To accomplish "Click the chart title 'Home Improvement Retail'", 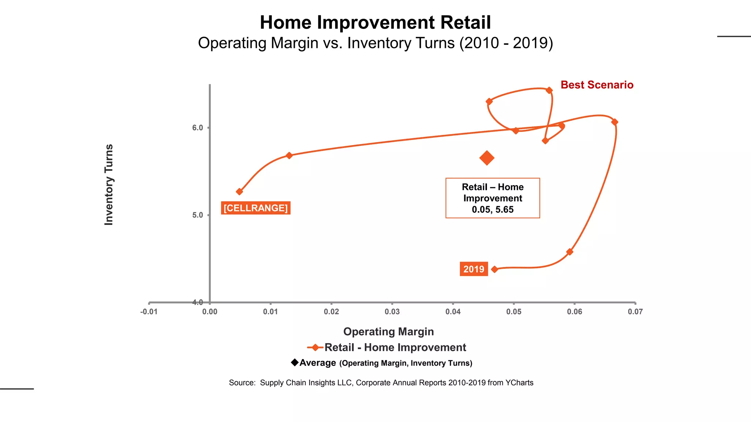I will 375,23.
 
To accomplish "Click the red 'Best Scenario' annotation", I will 597,85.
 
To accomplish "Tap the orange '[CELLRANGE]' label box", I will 256,208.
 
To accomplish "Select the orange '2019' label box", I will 473,269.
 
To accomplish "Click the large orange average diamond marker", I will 487,158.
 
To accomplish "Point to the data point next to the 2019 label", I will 494,269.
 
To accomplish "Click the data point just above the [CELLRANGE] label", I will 239,192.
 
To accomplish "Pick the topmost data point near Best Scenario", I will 549,90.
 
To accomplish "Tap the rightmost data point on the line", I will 615,122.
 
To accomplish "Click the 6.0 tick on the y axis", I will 198,128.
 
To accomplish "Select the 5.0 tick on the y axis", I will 198,215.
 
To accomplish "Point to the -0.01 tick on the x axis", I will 149,312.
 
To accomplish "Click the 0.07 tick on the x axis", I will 635,312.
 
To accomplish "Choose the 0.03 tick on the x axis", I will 392,312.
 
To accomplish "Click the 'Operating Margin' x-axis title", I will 388,332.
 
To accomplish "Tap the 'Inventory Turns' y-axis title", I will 109,185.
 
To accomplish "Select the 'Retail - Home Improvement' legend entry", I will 395,347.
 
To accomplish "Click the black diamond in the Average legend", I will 294,363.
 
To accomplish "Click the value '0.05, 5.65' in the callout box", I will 492,210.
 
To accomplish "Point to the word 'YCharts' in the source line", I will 519,383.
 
